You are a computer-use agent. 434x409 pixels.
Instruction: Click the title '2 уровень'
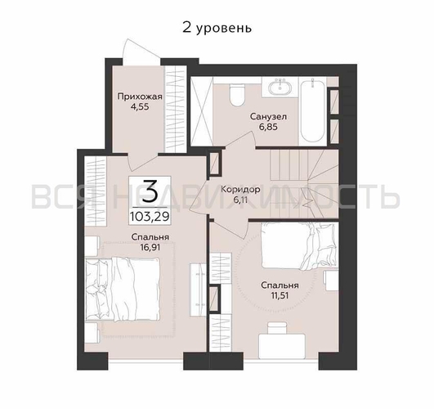(x=217, y=27)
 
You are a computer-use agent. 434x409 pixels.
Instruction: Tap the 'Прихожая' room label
(x=139, y=97)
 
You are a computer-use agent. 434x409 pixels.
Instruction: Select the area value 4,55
(x=139, y=107)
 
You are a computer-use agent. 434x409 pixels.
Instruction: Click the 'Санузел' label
(x=267, y=118)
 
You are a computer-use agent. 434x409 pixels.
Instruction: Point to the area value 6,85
(x=267, y=129)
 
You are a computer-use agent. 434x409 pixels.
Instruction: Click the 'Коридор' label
(x=240, y=189)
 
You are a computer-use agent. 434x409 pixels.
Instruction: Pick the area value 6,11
(x=240, y=200)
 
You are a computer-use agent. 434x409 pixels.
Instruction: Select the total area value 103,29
(x=150, y=217)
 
